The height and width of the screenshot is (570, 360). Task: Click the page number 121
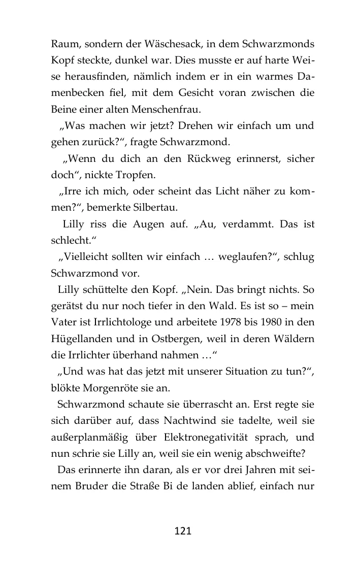point(182,531)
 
